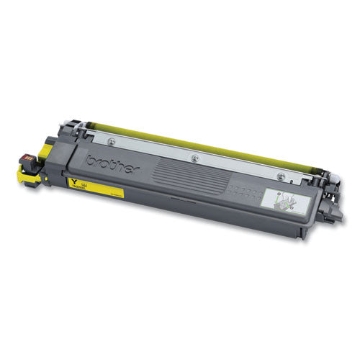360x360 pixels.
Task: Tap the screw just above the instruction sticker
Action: point(302,175)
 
